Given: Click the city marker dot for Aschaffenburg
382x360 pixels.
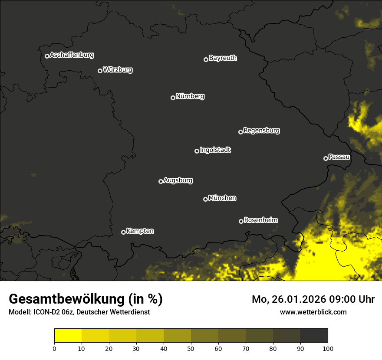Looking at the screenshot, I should pyautogui.click(x=47, y=56).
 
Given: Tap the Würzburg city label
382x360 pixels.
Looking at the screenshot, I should pyautogui.click(x=118, y=69).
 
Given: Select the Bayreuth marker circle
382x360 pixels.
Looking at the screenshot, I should pyautogui.click(x=206, y=59).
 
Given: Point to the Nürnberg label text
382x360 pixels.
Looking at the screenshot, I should pyautogui.click(x=190, y=96).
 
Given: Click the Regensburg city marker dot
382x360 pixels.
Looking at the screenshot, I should pyautogui.click(x=240, y=132).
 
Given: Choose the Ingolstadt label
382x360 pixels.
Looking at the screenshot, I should pyautogui.click(x=215, y=150).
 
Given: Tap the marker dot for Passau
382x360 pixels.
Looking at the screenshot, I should pyautogui.click(x=326, y=158).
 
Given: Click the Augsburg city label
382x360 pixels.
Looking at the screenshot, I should pyautogui.click(x=178, y=180).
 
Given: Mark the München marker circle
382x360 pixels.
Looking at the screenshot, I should pyautogui.click(x=205, y=200).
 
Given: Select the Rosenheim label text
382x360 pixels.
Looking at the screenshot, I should pyautogui.click(x=260, y=220).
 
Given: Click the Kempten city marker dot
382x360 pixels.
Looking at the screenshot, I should pyautogui.click(x=123, y=232).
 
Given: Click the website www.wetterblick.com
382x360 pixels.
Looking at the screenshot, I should pyautogui.click(x=313, y=312).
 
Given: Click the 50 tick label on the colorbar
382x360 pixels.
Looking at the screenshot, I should pyautogui.click(x=191, y=348).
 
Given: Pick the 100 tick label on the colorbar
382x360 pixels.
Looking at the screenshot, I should pyautogui.click(x=328, y=348).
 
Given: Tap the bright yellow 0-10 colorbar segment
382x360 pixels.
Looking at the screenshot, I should pyautogui.click(x=68, y=336).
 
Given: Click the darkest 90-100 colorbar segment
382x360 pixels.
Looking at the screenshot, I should pyautogui.click(x=314, y=336).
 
